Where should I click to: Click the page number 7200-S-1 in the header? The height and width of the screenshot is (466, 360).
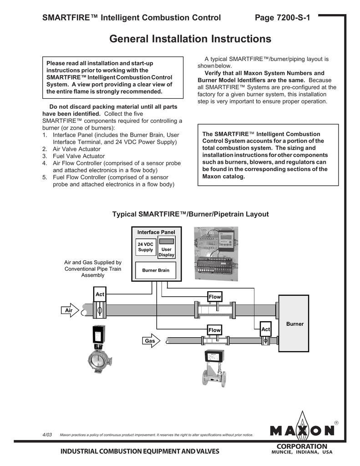pyautogui.click(x=282, y=18)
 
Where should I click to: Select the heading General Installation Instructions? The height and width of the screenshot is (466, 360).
pyautogui.click(x=190, y=39)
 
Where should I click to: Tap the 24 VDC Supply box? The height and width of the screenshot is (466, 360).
pyautogui.click(x=146, y=247)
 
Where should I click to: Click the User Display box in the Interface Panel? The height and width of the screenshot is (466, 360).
pyautogui.click(x=167, y=252)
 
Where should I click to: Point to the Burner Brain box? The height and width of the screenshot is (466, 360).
pyautogui.click(x=156, y=270)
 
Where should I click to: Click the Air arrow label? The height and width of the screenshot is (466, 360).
pyautogui.click(x=69, y=310)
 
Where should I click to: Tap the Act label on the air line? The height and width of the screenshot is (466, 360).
pyautogui.click(x=100, y=294)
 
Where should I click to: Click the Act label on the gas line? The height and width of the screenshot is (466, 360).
pyautogui.click(x=266, y=329)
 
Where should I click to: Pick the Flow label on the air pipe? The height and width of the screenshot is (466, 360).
pyautogui.click(x=214, y=297)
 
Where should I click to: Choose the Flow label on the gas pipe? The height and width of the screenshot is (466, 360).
pyautogui.click(x=214, y=330)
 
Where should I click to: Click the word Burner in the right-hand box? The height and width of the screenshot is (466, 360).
pyautogui.click(x=294, y=324)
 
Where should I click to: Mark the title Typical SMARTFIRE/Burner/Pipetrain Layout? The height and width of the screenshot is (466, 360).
pyautogui.click(x=190, y=214)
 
